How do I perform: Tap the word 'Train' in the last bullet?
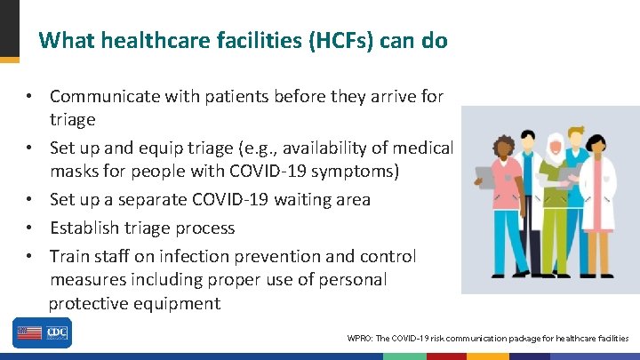69,256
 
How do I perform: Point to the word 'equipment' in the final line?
178,303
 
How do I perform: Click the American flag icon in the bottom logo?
28,333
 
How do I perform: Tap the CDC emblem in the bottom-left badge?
57,333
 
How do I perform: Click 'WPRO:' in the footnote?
362,339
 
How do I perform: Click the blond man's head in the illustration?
579,142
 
